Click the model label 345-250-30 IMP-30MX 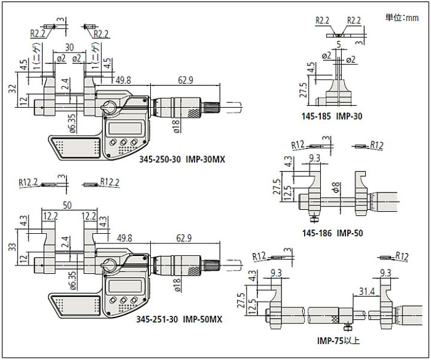pos(182,159)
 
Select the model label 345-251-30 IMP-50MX pos(179,319)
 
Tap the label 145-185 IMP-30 pos(332,116)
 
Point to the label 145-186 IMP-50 pos(333,233)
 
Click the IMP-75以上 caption pos(338,341)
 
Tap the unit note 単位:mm pos(402,18)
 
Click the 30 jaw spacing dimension pos(69,47)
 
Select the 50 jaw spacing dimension pos(67,205)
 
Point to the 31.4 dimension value pos(367,291)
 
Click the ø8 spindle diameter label pos(336,188)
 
